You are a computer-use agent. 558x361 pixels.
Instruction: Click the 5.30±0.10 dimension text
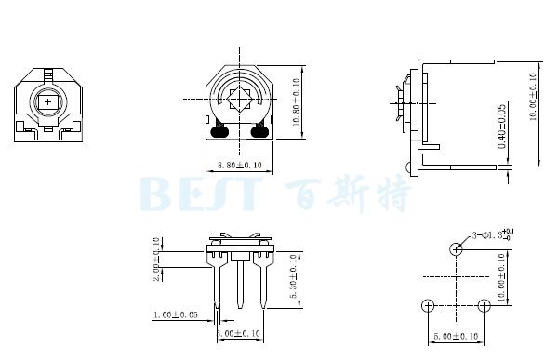pyautogui.click(x=294, y=276)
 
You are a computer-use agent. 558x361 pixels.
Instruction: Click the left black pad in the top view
pyautogui.click(x=220, y=131)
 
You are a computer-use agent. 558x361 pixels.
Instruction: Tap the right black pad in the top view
pyautogui.click(x=259, y=131)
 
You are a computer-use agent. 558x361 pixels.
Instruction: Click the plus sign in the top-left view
pyautogui.click(x=48, y=101)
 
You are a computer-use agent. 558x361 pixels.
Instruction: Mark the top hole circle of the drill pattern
pyautogui.click(x=456, y=248)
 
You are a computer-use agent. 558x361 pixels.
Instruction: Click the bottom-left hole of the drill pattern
pyautogui.click(x=428, y=305)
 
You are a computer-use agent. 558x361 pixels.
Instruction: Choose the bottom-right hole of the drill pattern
pyautogui.click(x=484, y=305)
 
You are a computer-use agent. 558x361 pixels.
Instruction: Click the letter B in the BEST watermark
pyautogui.click(x=158, y=194)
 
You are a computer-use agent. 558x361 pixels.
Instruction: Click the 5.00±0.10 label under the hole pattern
pyautogui.click(x=456, y=337)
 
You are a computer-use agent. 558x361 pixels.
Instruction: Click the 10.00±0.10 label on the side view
pyautogui.click(x=532, y=97)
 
